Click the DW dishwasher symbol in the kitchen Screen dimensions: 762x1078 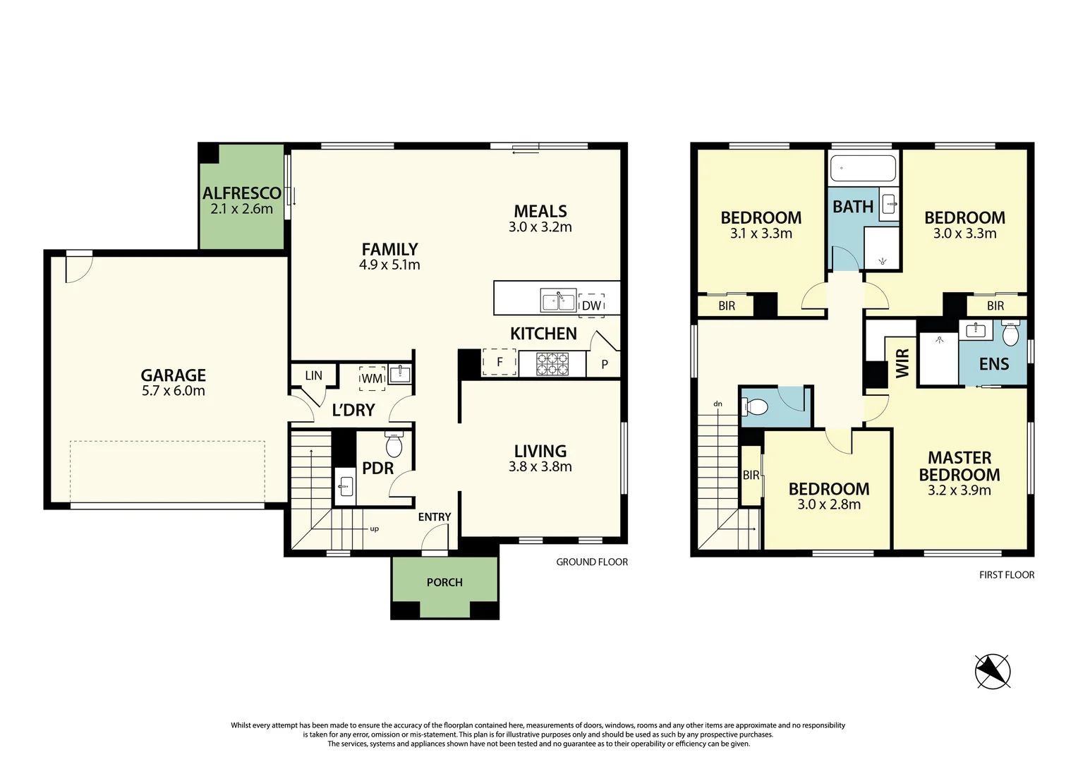(x=591, y=306)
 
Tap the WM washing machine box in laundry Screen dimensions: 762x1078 (x=372, y=378)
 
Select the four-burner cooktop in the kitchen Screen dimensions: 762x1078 (x=552, y=363)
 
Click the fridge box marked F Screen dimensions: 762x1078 (x=499, y=362)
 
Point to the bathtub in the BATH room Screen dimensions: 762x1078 (x=863, y=169)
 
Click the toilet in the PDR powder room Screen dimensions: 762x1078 (x=394, y=445)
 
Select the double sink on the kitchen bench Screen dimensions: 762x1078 (x=558, y=300)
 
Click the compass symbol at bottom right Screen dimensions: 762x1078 (x=993, y=670)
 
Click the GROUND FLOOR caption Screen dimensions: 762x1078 (x=592, y=562)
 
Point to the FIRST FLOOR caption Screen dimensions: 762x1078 (x=1007, y=575)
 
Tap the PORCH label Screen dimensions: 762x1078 (x=444, y=582)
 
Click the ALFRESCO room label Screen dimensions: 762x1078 (x=241, y=193)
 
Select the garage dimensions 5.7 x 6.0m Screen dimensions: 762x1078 (x=174, y=391)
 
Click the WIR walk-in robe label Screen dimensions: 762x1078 (x=902, y=363)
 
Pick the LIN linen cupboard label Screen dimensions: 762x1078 (x=313, y=375)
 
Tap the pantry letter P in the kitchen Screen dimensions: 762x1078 (x=605, y=365)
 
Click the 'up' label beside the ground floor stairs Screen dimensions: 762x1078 (x=374, y=528)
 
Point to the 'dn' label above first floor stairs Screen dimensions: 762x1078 (x=717, y=404)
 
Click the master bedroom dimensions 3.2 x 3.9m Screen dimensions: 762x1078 (x=959, y=490)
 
